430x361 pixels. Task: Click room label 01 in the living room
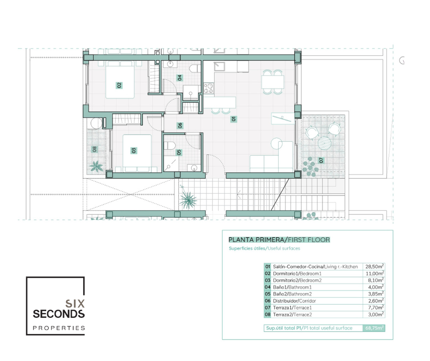pos(233,119)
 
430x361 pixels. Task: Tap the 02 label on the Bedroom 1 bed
pos(119,85)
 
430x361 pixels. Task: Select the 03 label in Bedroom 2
pos(134,150)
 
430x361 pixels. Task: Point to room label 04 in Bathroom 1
pos(180,78)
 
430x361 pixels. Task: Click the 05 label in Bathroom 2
pos(179,152)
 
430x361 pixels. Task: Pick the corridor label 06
pos(180,125)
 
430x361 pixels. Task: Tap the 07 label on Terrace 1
pos(321,160)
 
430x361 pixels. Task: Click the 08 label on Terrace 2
pos(95,149)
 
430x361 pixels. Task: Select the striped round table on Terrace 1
pos(325,143)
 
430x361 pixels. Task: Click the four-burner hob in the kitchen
pos(209,88)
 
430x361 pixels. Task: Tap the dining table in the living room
pos(273,82)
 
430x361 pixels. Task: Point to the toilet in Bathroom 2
pos(170,146)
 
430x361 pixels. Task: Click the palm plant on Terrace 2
pos(96,166)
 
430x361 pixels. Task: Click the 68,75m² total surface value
pos(374,328)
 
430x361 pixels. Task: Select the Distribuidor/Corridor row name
pos(294,301)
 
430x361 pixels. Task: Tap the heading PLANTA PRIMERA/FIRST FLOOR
pos(279,240)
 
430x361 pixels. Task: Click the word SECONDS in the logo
pos(59,314)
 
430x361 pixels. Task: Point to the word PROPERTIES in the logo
pos(59,328)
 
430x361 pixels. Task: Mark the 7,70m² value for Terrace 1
pos(376,308)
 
